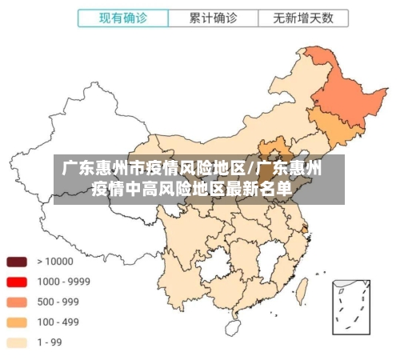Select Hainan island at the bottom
click(x=233, y=327)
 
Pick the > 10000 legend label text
click(x=55, y=262)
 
